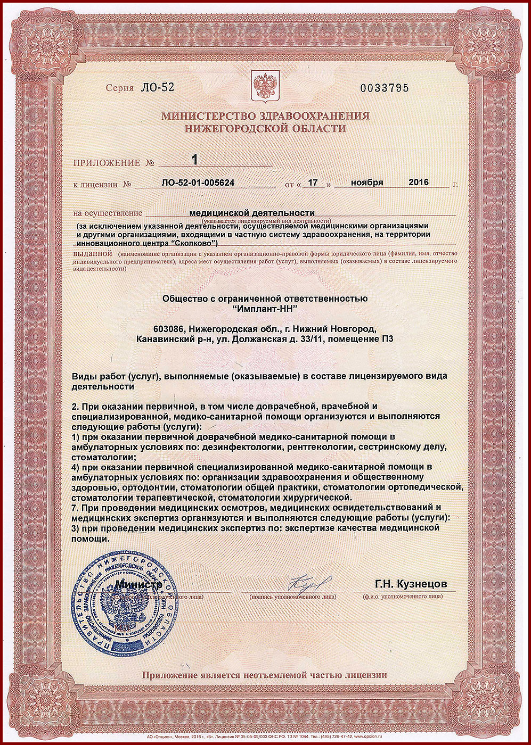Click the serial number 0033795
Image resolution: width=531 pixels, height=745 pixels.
pos(385,88)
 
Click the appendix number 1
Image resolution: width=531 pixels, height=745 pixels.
pos(194,159)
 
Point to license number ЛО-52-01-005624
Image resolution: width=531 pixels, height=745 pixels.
pos(198,183)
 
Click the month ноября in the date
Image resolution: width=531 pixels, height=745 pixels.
pos(367,182)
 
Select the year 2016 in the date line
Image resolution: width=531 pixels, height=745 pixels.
pos(419,182)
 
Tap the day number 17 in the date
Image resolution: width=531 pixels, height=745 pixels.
pos(313,183)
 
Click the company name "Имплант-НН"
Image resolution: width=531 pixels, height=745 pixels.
pos(265,309)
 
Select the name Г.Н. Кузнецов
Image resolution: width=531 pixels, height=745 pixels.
pos(411,584)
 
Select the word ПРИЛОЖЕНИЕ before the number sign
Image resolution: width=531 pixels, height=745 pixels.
pos(107,163)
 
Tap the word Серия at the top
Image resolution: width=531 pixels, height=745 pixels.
pos(119,88)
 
